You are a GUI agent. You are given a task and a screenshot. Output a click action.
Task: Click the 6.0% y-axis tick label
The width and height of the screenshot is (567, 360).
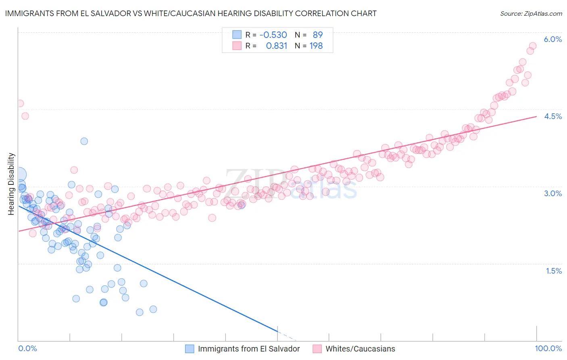coord(552,39)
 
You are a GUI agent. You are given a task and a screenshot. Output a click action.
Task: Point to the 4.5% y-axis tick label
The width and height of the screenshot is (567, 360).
coord(552,116)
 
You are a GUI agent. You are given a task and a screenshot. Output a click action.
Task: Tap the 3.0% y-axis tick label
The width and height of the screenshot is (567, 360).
coord(552,193)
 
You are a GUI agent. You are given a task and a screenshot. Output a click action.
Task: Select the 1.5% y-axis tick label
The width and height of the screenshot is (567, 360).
coord(554,271)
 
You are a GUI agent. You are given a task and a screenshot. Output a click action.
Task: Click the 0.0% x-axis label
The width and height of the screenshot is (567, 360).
coord(27,348)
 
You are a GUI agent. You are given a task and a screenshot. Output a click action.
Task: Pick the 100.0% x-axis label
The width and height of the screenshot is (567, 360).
coord(548,348)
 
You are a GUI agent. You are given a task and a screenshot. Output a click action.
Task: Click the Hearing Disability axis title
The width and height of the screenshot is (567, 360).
coord(11,184)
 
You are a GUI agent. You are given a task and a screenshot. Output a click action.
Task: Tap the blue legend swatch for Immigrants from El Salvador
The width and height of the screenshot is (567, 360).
coord(190,349)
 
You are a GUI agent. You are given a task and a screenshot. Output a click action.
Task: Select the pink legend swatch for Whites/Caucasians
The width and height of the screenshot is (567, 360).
coord(317,349)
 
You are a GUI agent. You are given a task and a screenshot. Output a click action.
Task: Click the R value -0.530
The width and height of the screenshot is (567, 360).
coord(273,35)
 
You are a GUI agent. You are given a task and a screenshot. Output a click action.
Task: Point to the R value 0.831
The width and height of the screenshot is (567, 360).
coord(276,46)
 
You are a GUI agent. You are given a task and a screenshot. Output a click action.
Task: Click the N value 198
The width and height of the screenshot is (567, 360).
coord(316,46)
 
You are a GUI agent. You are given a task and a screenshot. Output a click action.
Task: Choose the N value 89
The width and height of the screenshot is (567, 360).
coord(318,35)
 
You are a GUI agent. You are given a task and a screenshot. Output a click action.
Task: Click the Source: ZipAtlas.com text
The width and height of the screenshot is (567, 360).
coord(531,13)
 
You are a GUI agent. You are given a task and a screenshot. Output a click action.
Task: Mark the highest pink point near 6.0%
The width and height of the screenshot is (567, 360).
coord(532,46)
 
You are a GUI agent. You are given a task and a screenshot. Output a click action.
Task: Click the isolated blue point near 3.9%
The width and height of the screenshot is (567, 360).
coord(84,141)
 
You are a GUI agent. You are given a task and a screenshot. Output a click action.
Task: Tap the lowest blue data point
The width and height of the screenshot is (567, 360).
coord(140,312)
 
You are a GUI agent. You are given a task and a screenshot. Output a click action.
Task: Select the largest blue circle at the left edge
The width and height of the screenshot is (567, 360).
coord(19,175)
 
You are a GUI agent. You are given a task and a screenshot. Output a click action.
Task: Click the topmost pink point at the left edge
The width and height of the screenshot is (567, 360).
coord(20,103)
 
